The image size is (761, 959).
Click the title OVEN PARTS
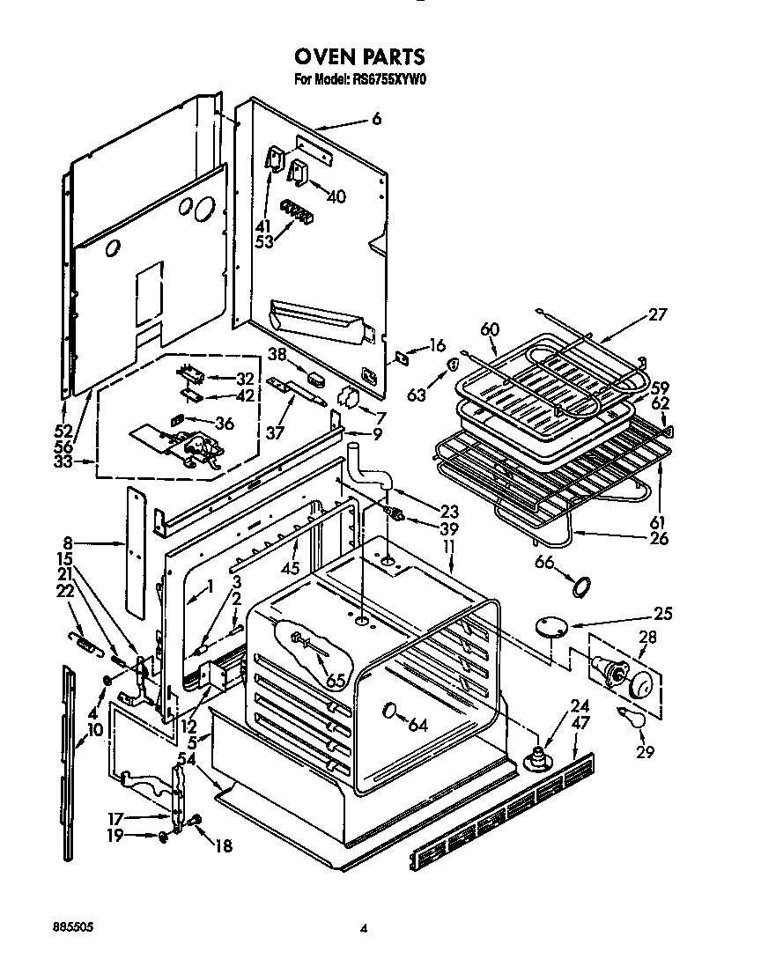coord(358,57)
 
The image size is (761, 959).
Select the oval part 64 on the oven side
coord(389,711)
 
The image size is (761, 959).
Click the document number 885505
coord(72,927)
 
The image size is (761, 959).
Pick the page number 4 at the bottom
coord(362,927)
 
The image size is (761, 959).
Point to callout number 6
coord(376,119)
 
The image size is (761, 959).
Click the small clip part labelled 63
coord(454,364)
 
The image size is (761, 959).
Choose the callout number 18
coord(224,846)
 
